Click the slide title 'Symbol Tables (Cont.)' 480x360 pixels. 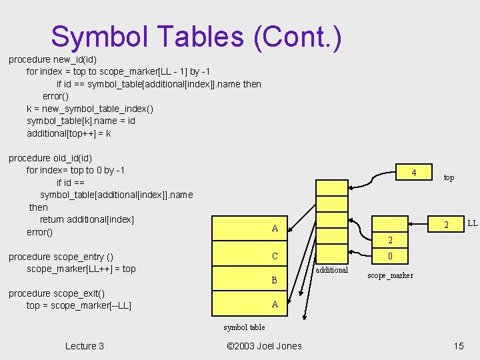point(196,37)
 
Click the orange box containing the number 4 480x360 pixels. point(414,173)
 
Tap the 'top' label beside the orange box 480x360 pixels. point(449,177)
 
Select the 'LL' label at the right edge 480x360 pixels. point(472,222)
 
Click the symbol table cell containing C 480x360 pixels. point(275,256)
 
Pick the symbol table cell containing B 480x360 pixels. point(274,280)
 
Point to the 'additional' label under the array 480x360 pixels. point(331,270)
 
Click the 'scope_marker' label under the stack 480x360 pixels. point(390,275)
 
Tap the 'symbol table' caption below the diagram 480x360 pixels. point(244,327)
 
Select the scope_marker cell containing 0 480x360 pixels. point(390,256)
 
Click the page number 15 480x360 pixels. point(458,345)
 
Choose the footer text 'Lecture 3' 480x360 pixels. point(85,345)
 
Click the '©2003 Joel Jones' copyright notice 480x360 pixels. point(264,345)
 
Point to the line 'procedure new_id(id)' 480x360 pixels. point(53,59)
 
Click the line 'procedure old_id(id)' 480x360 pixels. point(51,158)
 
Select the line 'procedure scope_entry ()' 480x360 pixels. point(61,257)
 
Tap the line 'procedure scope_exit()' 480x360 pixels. point(56,293)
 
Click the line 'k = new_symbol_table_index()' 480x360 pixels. point(90,109)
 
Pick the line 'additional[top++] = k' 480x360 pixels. point(69,133)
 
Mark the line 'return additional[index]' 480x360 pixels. point(87,219)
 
